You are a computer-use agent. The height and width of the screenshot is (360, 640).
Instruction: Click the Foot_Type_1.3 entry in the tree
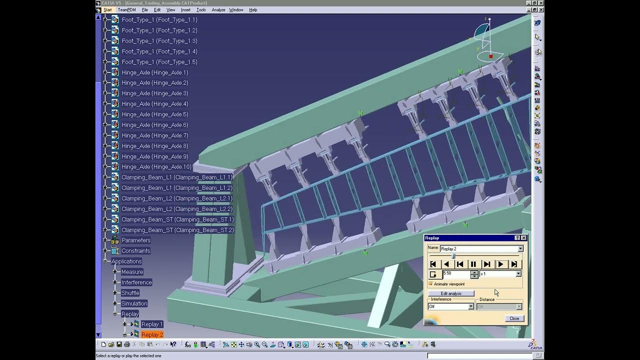pyautogui.click(x=159, y=41)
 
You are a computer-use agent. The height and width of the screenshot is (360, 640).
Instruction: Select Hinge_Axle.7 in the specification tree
pyautogui.click(x=154, y=135)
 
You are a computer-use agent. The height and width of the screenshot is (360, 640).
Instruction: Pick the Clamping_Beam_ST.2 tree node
pyautogui.click(x=177, y=230)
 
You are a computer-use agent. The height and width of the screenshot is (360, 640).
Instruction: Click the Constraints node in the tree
pyautogui.click(x=135, y=251)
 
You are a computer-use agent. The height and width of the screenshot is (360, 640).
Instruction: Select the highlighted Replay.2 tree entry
pyautogui.click(x=152, y=334)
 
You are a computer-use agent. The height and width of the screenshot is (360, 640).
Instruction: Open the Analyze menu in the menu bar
pyautogui.click(x=218, y=10)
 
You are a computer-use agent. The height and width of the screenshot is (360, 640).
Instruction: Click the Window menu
pyautogui.click(x=236, y=10)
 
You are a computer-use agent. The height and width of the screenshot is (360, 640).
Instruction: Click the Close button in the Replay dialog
pyautogui.click(x=514, y=318)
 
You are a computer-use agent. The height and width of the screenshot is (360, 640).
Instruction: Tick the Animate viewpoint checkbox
pyautogui.click(x=431, y=284)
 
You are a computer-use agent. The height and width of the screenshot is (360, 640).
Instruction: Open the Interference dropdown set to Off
pyautogui.click(x=470, y=306)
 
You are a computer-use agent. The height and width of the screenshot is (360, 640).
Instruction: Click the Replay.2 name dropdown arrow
pyautogui.click(x=520, y=248)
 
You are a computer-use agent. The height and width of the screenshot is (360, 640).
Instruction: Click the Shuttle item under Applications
pyautogui.click(x=130, y=293)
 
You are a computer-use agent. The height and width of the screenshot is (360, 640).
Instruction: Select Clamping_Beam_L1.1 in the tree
pyautogui.click(x=176, y=177)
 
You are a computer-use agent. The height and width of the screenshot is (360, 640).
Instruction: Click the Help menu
pyautogui.click(x=253, y=10)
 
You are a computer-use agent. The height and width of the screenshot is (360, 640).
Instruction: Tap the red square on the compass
pyautogui.click(x=491, y=56)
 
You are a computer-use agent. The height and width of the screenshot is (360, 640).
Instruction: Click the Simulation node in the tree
pyautogui.click(x=134, y=303)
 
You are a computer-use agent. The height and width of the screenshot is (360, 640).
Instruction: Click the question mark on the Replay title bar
pyautogui.click(x=517, y=238)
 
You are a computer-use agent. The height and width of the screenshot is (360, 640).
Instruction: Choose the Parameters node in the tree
pyautogui.click(x=135, y=240)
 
